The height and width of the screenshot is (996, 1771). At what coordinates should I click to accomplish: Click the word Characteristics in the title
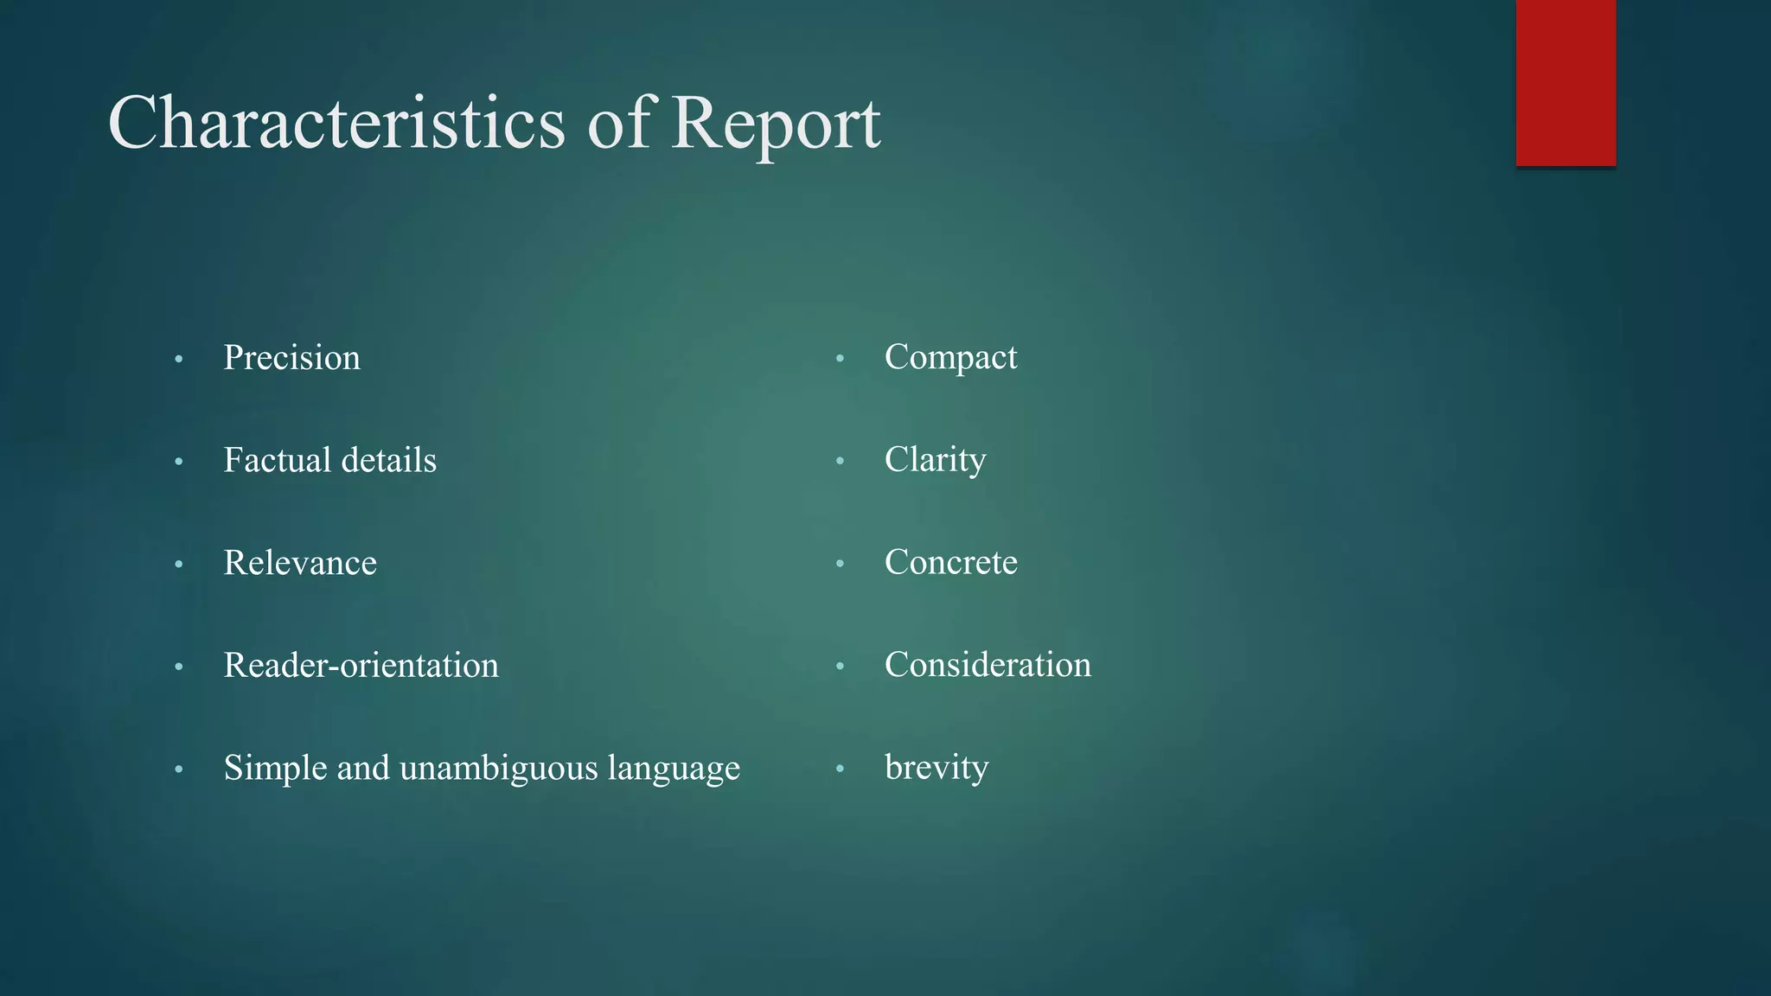[336, 123]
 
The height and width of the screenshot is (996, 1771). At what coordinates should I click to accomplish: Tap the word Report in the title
[776, 123]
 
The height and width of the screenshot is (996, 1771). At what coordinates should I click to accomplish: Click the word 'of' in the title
[617, 123]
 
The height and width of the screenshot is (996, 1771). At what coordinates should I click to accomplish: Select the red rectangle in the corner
[1565, 82]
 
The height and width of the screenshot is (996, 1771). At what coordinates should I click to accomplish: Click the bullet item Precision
[291, 358]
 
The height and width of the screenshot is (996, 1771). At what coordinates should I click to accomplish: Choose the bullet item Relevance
[300, 563]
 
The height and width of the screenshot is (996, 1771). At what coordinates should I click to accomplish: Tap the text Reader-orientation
[361, 666]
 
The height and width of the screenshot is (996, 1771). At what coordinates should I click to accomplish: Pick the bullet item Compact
[950, 357]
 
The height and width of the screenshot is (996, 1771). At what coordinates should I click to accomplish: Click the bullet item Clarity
[935, 460]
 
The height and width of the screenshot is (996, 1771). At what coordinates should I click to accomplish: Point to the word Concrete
[950, 562]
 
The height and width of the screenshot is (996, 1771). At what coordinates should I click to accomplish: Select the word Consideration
[988, 665]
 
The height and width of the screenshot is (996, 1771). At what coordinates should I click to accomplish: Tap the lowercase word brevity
[937, 768]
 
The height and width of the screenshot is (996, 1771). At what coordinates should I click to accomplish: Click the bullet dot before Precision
[179, 360]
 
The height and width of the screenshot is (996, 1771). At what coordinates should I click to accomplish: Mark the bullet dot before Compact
[840, 359]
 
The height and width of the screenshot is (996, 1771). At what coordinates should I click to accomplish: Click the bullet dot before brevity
[840, 769]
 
